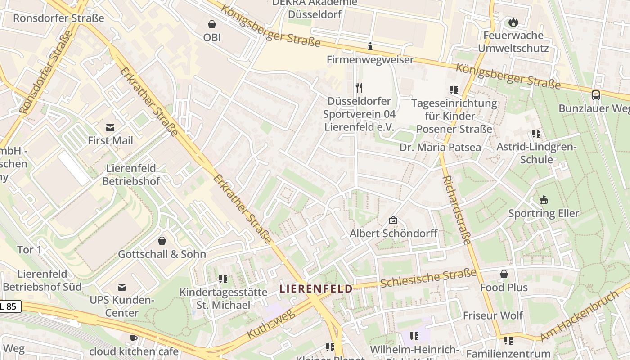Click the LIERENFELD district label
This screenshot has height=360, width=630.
316,288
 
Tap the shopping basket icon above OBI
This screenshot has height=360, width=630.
212,24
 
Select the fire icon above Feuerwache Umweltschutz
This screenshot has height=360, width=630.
513,22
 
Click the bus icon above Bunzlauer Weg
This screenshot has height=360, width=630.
595,95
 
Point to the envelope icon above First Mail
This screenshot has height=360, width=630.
110,127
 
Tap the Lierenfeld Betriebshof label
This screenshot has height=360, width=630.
131,175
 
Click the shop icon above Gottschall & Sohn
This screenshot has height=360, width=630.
162,241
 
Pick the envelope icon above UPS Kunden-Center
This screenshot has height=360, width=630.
121,287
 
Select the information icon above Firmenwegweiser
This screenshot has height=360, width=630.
370,46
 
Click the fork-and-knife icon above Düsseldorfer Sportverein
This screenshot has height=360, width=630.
359,87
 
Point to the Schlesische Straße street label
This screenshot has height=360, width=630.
428,278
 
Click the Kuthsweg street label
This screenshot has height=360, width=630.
271,324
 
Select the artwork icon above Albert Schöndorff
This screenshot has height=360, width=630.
393,220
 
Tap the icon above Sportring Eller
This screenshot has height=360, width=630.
544,200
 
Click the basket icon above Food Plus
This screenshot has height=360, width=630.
504,274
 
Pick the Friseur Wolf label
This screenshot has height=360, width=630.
493,315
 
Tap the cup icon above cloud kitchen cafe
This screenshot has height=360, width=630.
134,338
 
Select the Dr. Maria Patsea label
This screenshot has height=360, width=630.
440,147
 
